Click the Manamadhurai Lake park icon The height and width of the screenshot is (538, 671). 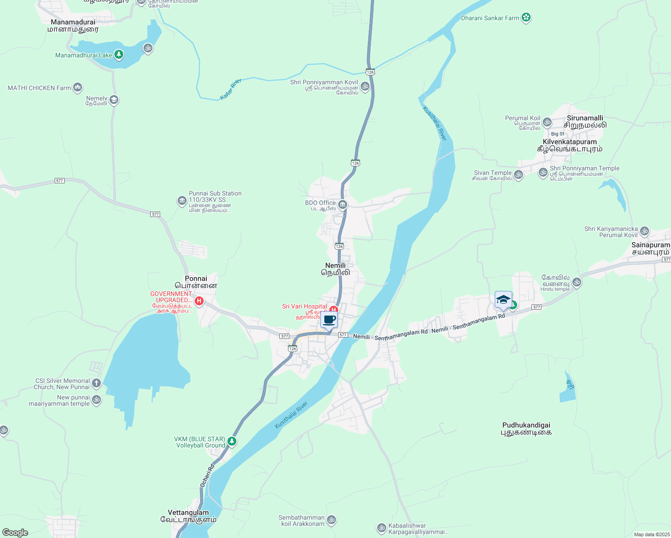[x=118, y=55]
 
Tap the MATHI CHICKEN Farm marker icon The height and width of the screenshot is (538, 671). [x=78, y=87]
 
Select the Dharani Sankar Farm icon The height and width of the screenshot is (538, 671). [x=526, y=18]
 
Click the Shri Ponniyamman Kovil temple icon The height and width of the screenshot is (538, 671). [x=365, y=86]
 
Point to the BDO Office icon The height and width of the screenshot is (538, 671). [x=343, y=205]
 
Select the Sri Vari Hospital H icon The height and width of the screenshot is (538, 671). [x=333, y=309]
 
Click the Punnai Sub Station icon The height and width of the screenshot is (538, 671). [x=182, y=200]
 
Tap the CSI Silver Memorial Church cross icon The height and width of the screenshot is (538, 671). [x=96, y=383]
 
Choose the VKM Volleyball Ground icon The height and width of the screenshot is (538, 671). [x=231, y=442]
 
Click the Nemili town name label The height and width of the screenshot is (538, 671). [x=335, y=269]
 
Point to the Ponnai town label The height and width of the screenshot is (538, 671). [x=196, y=282]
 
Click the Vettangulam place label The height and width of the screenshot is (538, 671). [x=188, y=516]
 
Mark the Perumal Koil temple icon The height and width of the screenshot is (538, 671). [x=547, y=122]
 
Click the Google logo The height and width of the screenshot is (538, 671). [x=15, y=533]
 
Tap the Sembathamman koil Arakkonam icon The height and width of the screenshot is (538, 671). [x=331, y=520]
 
